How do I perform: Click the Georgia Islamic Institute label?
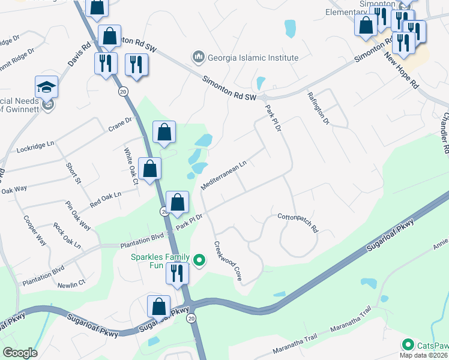(x=253, y=58)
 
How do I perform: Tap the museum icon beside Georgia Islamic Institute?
(x=198, y=58)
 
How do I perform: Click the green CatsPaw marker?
(x=408, y=344)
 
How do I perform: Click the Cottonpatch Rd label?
(x=297, y=222)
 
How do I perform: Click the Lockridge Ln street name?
(x=35, y=146)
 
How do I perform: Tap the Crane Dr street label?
(x=120, y=123)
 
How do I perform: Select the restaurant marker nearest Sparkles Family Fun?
(x=177, y=274)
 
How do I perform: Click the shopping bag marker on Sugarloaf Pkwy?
(x=159, y=306)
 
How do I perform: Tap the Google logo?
(x=20, y=353)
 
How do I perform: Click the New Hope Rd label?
(x=401, y=71)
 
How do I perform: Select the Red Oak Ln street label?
(x=105, y=198)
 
